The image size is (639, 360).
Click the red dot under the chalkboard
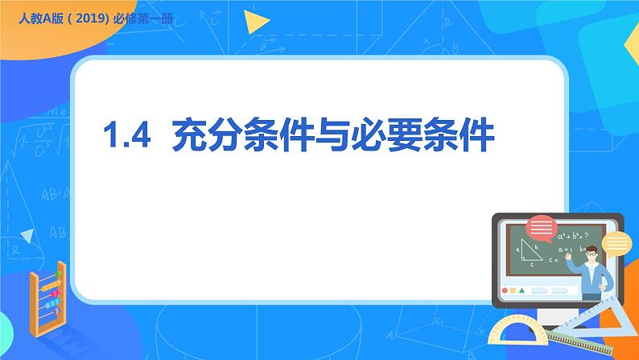[x=505, y=291]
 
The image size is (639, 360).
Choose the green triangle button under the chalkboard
[x=522, y=291]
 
